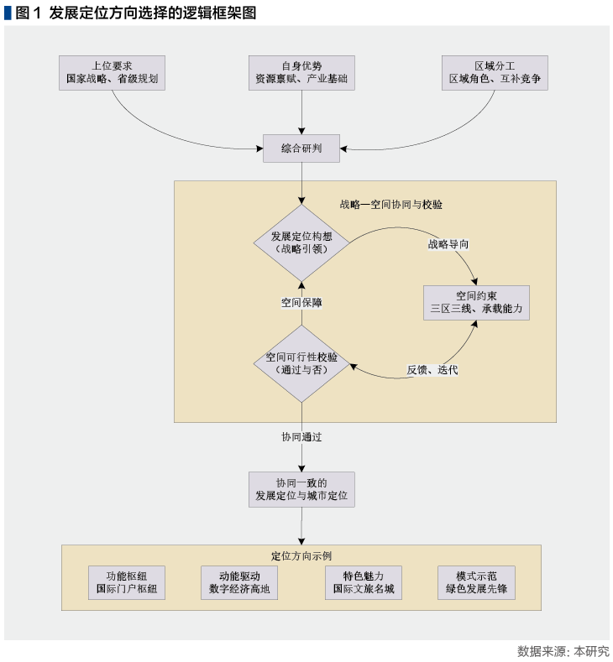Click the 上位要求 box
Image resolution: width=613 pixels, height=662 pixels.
112,73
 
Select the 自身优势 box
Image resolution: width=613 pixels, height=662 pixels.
301,73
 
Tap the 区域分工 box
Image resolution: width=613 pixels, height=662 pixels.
495,73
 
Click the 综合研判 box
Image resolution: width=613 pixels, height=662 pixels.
301,150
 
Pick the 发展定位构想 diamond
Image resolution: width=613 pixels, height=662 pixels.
301,243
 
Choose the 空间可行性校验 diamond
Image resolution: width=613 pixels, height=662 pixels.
301,363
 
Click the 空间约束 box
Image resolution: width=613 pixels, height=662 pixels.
476,302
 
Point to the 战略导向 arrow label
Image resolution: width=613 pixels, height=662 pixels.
448,244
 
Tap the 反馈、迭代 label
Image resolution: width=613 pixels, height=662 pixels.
432,370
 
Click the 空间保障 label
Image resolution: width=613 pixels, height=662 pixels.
301,303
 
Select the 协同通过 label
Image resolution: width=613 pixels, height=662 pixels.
301,437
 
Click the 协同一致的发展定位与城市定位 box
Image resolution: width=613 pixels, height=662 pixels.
301,490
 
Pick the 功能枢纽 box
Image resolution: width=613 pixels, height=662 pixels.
126,582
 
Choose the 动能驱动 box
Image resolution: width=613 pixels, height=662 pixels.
238,582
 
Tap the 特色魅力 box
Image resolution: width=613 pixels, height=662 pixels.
363,582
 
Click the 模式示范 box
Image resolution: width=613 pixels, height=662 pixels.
476,582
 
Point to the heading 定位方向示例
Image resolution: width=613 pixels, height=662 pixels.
301,555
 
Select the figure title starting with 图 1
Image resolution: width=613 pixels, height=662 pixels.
130,12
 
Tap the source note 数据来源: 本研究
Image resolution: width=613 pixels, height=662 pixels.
563,651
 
